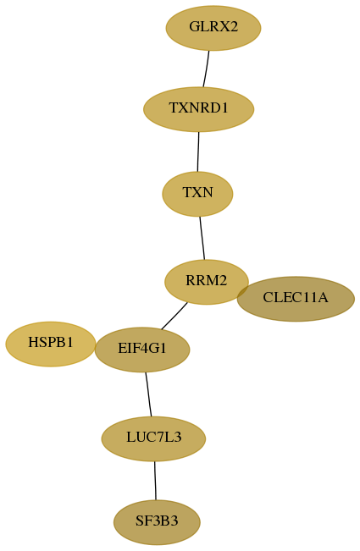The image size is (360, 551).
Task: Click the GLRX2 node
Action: click(213, 28)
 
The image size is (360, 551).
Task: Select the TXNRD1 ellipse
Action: click(198, 109)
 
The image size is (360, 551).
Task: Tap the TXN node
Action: click(197, 194)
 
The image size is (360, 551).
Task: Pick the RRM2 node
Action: click(207, 282)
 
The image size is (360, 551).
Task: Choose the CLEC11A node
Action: click(296, 299)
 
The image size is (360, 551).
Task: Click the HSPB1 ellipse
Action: click(51, 344)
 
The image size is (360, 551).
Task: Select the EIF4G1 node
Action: click(142, 350)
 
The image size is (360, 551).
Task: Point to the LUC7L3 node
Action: click(153, 438)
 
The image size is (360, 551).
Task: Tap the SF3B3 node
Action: click(157, 522)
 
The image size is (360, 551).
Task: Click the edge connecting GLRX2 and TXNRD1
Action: click(206, 69)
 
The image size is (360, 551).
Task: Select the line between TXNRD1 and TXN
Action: click(198, 152)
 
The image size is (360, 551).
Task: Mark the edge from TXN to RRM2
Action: click(202, 238)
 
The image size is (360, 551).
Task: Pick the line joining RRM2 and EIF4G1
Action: click(174, 316)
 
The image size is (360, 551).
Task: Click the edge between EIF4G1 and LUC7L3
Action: click(148, 394)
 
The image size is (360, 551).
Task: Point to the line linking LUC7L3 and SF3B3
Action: click(155, 481)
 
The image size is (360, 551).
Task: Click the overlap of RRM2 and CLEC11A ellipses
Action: click(243, 291)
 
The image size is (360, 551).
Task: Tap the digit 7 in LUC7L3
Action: click(158, 438)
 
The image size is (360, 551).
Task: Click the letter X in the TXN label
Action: click(197, 193)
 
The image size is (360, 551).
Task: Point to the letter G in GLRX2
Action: click(195, 26)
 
